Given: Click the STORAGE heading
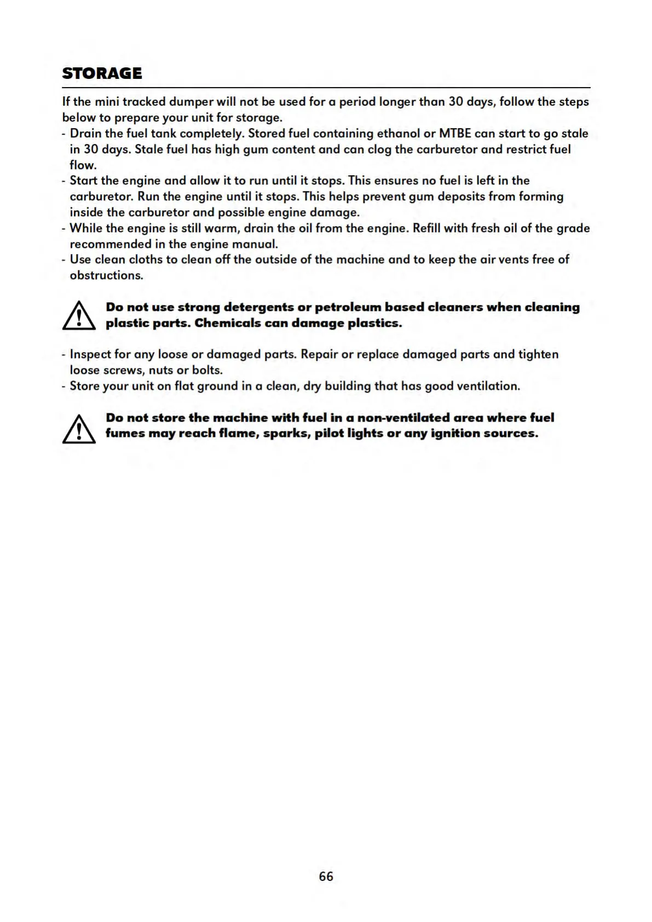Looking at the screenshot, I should pos(102,73).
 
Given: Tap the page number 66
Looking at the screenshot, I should pos(326,877).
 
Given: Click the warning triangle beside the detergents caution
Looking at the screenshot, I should pos(79,316).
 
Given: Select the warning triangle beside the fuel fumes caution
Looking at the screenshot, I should pos(79,428).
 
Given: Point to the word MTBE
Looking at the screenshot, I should pos(455,134).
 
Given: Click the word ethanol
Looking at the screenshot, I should pos(398,134).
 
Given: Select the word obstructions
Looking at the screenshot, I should pos(106,275).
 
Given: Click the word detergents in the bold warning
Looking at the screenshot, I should pos(259,307).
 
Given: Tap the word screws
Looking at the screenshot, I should pos(123,370).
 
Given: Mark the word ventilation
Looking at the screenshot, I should pos(487,386).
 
